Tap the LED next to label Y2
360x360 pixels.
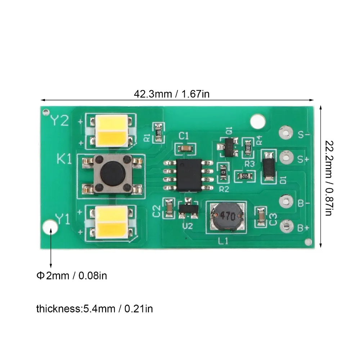click(x=111, y=130)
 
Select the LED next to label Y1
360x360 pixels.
click(x=111, y=221)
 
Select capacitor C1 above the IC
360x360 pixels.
click(x=185, y=148)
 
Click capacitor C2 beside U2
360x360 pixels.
click(x=168, y=209)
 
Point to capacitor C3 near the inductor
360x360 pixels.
click(x=260, y=217)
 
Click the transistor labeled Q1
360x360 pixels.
click(x=228, y=147)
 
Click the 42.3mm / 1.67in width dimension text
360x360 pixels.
click(x=172, y=94)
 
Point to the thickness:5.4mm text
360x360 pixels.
click(x=94, y=309)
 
